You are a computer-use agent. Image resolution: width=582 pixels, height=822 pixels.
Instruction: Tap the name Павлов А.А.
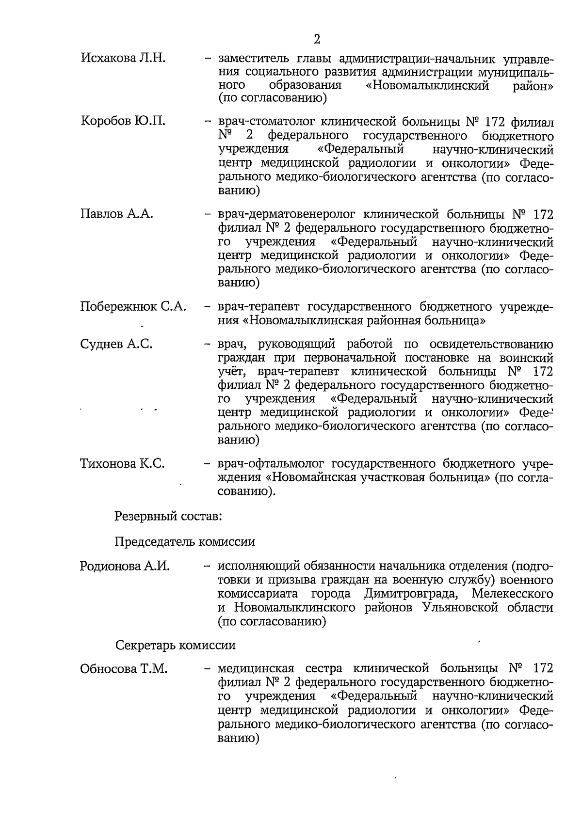[x=116, y=214]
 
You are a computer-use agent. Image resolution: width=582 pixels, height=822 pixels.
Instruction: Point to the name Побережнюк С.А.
[x=133, y=307]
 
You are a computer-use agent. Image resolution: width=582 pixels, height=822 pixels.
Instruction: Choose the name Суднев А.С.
[x=116, y=344]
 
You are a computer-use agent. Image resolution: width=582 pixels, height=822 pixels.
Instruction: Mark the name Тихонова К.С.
[x=122, y=464]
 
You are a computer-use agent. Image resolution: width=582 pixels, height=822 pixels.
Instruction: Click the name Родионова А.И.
[x=125, y=566]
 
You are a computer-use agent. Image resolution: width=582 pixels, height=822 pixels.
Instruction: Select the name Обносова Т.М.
[x=124, y=669]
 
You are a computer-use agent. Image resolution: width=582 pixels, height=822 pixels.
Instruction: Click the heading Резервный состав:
[x=168, y=516]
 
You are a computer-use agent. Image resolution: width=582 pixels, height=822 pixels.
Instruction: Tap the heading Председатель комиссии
[x=185, y=541]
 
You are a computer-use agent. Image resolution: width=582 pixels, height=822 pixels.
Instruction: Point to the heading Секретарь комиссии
[x=175, y=646]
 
